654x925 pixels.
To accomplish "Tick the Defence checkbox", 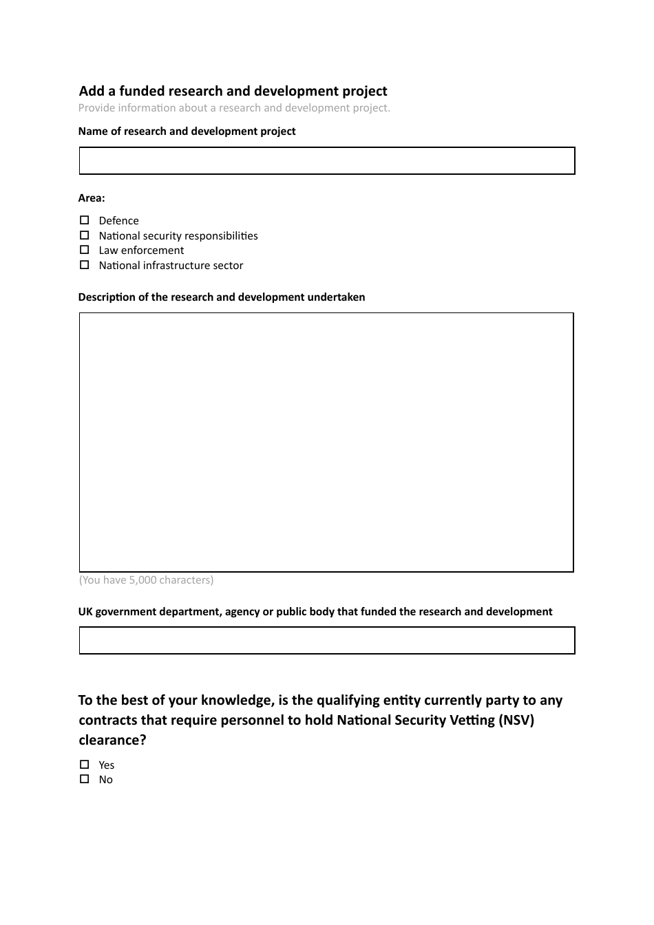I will [84, 220].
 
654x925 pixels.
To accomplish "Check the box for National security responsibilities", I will [84, 235].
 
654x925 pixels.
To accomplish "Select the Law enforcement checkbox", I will [84, 250].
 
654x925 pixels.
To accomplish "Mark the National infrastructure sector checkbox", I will [84, 265].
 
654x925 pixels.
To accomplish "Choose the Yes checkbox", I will [84, 765].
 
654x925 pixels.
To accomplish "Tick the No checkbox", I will [84, 779].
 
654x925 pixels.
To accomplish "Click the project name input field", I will [326, 160].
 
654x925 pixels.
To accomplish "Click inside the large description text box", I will [326, 442].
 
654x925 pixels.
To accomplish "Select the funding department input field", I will [326, 640].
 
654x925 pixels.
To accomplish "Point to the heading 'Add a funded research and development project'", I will [233, 91].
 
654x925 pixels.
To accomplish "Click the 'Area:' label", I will [92, 198].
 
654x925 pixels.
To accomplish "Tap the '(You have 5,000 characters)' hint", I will [146, 580].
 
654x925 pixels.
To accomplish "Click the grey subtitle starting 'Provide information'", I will [234, 108].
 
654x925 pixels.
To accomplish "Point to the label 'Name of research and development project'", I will [187, 131].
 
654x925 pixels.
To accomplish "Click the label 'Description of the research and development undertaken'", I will [222, 297].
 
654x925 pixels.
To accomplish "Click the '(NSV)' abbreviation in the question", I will [516, 720].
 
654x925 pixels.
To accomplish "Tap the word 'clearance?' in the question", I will [112, 740].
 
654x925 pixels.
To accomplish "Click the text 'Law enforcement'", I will [141, 251].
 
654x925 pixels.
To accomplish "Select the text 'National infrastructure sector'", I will [171, 266].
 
